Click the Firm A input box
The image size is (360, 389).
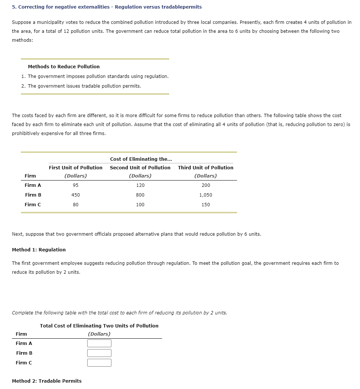click(x=99, y=343)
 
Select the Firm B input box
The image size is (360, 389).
click(x=99, y=353)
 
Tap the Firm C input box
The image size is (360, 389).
click(x=99, y=363)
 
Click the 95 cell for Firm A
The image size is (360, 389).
click(x=76, y=185)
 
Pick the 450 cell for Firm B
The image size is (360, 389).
click(x=76, y=195)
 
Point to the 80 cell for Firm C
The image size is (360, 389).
click(x=76, y=204)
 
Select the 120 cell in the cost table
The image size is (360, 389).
click(x=140, y=185)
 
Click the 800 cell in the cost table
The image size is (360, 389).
click(x=140, y=195)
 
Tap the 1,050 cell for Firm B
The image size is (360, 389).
click(x=205, y=195)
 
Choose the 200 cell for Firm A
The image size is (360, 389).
click(x=205, y=185)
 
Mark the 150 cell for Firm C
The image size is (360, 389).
click(x=205, y=204)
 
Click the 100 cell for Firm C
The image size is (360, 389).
click(x=140, y=204)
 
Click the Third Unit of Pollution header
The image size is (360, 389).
click(x=205, y=167)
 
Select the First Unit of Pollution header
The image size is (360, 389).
click(x=76, y=167)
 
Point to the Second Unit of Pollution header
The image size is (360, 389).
click(x=140, y=167)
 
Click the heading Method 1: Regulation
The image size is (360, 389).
click(x=39, y=250)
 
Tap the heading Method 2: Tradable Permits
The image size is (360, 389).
click(x=47, y=381)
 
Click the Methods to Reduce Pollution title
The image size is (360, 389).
click(x=64, y=66)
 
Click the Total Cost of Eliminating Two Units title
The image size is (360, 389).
click(x=99, y=326)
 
